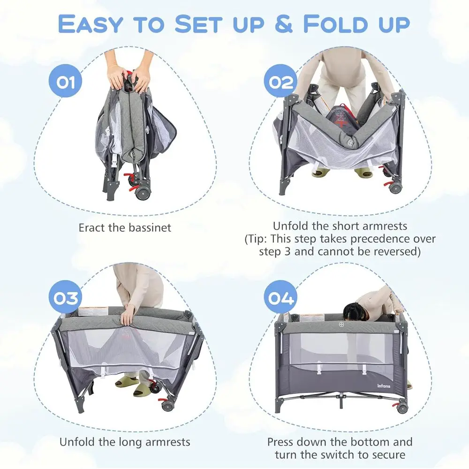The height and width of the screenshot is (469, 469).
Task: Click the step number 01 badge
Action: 65,81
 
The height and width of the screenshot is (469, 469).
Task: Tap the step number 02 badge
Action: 280,81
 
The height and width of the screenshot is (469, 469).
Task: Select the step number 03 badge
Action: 65,297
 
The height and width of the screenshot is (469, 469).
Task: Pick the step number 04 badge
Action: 280,297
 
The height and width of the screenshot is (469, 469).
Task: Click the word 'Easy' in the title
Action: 91,24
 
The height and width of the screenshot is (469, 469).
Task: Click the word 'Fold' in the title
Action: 336,23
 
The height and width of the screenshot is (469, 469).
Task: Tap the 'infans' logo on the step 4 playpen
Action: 384,386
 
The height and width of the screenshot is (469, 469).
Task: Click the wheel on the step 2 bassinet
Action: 395,188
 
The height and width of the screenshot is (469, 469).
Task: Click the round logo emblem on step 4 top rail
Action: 341,325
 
